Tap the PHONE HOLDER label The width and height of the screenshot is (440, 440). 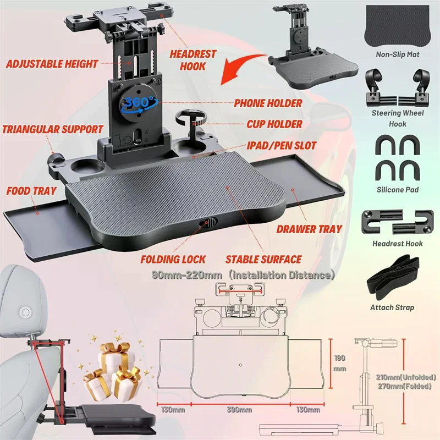(x=268, y=103)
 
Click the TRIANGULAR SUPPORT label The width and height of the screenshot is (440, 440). (x=53, y=130)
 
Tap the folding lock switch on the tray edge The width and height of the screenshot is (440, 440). (x=208, y=224)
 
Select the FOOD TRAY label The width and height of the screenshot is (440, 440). (x=31, y=191)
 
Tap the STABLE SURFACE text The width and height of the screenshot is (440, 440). (x=263, y=259)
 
